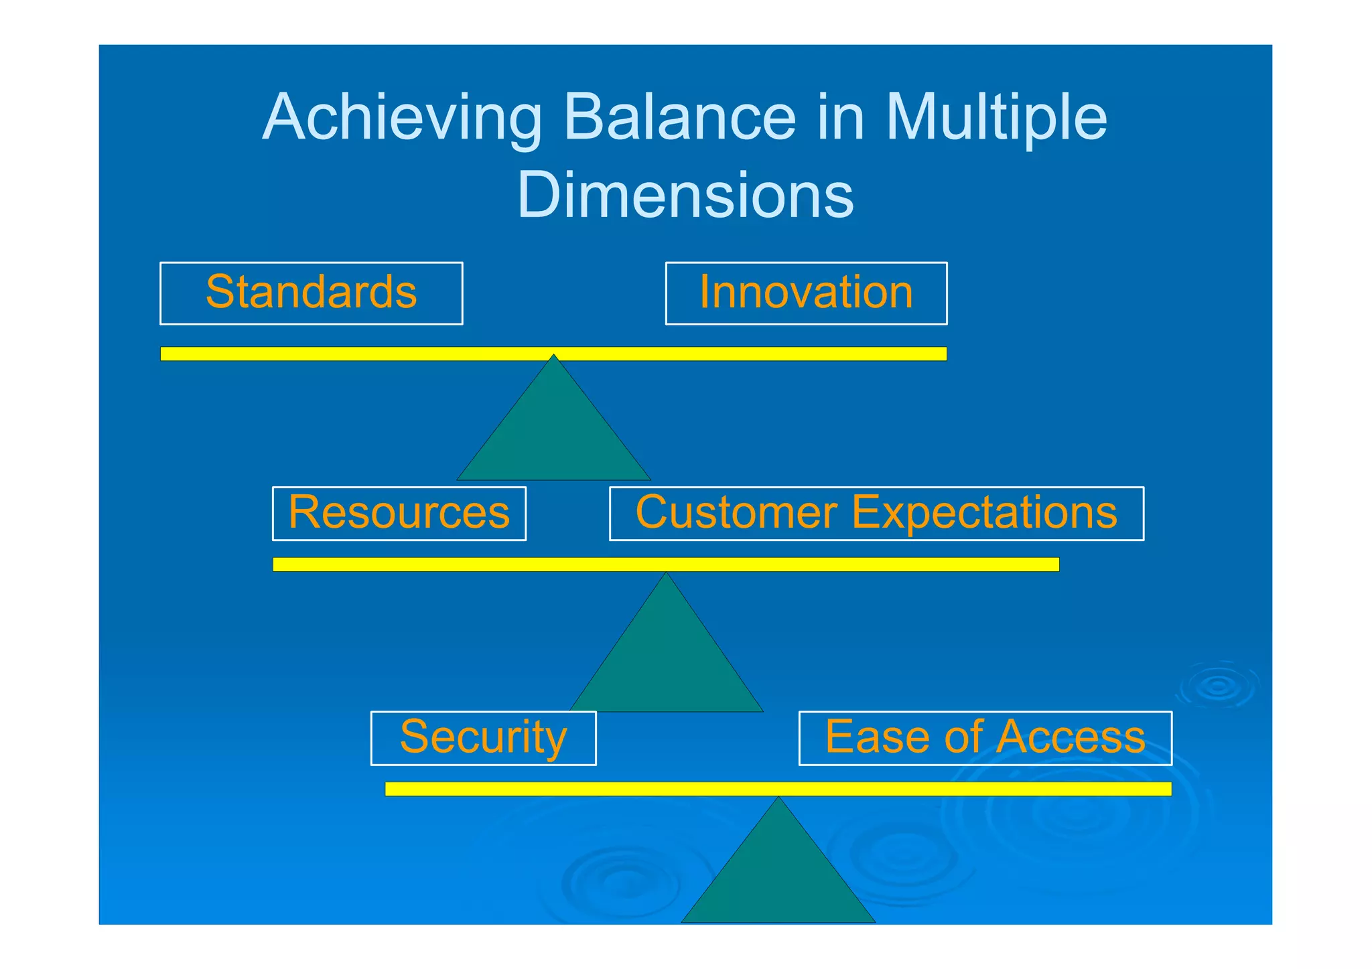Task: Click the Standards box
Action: coord(311,293)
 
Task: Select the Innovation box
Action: coord(806,293)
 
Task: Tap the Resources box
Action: coord(399,514)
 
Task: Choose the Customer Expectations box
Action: coord(876,514)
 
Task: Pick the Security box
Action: coord(483,738)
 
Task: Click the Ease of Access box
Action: coord(985,738)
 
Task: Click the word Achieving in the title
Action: coord(402,119)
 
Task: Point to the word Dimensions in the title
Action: coord(685,195)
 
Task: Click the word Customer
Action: coord(736,513)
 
